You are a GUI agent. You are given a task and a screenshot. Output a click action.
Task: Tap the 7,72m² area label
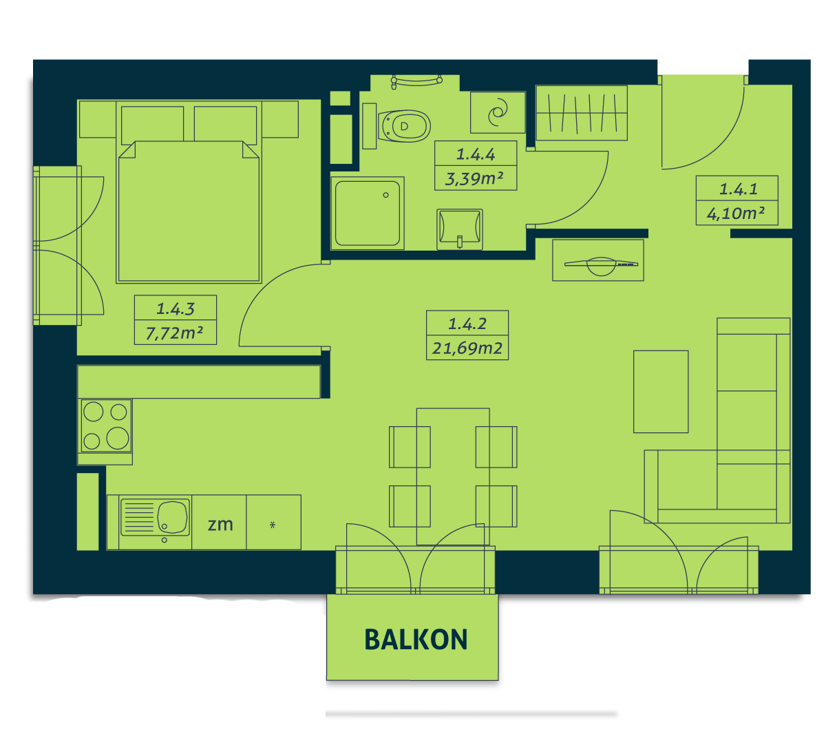click(x=175, y=333)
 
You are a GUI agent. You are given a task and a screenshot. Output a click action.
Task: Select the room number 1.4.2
click(x=467, y=324)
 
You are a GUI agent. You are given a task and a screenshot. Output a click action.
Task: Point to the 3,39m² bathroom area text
click(x=474, y=178)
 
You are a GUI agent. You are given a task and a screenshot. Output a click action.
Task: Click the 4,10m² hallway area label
click(x=735, y=213)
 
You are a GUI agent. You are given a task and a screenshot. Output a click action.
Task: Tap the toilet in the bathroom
click(x=403, y=125)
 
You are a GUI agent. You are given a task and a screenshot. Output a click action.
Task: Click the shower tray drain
click(x=385, y=195)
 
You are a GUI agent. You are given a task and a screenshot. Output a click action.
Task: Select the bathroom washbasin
click(x=460, y=229)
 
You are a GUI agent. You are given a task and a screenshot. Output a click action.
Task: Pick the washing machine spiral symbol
click(x=498, y=112)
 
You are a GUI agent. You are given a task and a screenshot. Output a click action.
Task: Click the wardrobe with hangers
click(x=581, y=112)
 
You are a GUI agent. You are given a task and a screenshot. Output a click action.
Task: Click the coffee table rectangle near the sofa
click(x=660, y=391)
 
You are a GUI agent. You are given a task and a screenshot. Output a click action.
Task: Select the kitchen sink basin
click(x=172, y=517)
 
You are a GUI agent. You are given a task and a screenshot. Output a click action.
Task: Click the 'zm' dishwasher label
click(x=220, y=525)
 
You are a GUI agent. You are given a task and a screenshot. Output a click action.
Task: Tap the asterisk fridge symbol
click(x=273, y=525)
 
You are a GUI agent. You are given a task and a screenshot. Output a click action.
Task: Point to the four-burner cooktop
click(x=106, y=425)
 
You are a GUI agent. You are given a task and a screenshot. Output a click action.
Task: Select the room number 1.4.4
click(x=476, y=154)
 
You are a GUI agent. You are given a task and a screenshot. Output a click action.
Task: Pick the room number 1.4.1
click(x=738, y=189)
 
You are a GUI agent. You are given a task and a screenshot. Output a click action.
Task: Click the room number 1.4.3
click(x=176, y=308)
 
